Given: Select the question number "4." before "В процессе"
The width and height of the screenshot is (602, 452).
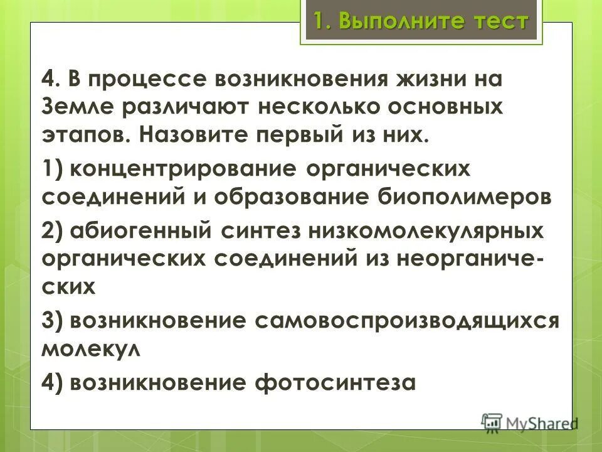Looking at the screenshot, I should pyautogui.click(x=52, y=81).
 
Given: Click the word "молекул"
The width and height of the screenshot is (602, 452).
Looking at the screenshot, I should pyautogui.click(x=90, y=347).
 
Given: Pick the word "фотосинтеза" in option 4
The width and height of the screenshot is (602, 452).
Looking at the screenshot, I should pyautogui.click(x=335, y=381).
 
